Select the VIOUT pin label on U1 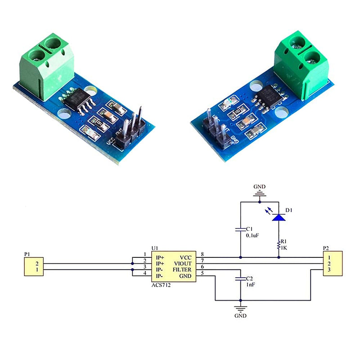click(184, 263)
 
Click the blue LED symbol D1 click(279, 217)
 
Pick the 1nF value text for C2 click(250, 285)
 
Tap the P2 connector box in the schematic click(333, 263)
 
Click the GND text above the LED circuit click(260, 186)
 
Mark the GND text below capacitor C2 click(241, 316)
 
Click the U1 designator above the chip click(155, 248)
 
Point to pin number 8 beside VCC click(202, 255)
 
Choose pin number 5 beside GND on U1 click(202, 273)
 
